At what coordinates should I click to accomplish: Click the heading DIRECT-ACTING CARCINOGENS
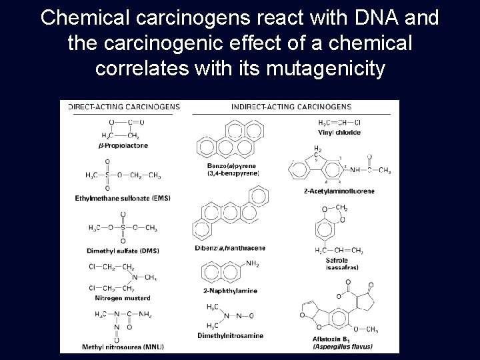(120, 107)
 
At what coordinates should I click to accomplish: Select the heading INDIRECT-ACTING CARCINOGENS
(291, 107)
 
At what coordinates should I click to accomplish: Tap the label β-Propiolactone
(123, 145)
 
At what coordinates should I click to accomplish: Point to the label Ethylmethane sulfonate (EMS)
(123, 198)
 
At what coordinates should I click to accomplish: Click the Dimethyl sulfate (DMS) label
(122, 250)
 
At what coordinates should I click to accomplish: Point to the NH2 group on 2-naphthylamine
(252, 265)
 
